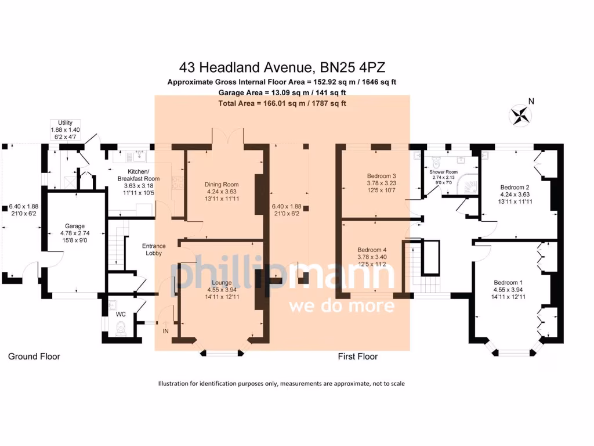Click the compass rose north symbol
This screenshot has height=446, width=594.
[520, 115]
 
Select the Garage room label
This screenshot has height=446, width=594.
[75, 226]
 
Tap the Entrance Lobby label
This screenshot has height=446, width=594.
[154, 250]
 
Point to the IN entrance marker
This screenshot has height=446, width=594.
[166, 331]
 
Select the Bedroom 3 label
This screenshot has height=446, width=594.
[381, 176]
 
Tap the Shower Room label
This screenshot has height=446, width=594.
[443, 172]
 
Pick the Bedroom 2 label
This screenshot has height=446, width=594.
[515, 187]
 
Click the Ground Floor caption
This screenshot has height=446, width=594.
[34, 357]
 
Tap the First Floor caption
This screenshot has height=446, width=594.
[357, 357]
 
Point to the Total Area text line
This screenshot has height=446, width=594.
[282, 103]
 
